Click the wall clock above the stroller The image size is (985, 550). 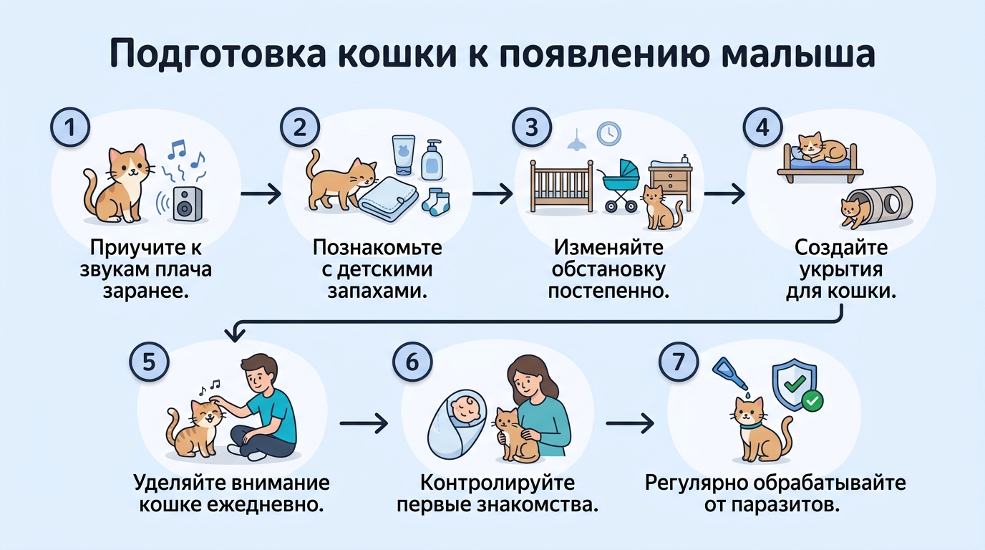click(609, 133)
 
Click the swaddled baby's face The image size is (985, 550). click(461, 410)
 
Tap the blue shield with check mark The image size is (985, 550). click(792, 385)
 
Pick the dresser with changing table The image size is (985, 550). click(671, 182)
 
